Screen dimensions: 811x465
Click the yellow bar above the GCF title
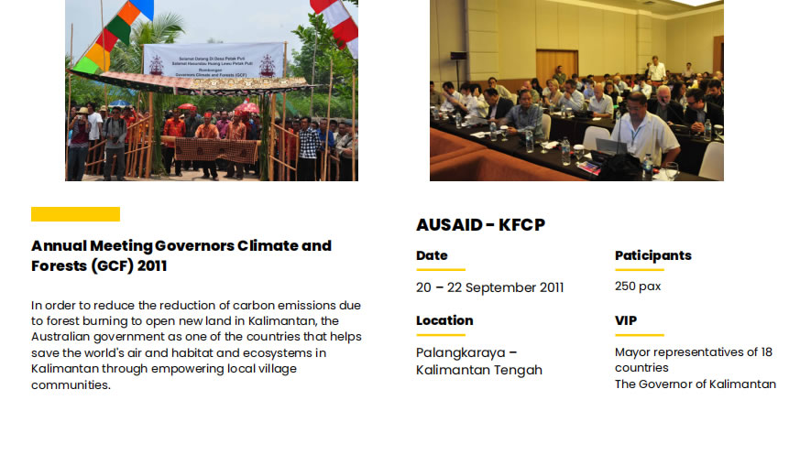(75, 214)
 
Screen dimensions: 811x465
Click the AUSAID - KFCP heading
(480, 225)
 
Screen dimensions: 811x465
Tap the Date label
(432, 255)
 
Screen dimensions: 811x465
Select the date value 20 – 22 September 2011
(489, 287)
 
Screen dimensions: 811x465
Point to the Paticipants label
(653, 255)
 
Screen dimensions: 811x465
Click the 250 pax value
(638, 287)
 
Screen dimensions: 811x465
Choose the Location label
(444, 320)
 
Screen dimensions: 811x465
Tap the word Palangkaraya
(461, 353)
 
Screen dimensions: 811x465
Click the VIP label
(626, 320)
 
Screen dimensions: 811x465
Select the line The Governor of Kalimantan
(696, 384)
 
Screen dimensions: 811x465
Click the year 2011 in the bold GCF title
(152, 265)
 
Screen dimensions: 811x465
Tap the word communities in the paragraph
(71, 385)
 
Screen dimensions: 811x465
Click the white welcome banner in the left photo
(214, 60)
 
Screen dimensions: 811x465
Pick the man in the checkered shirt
(309, 147)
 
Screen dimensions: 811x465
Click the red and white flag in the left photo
(335, 23)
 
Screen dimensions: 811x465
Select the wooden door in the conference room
(557, 66)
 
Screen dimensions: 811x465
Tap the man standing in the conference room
(657, 69)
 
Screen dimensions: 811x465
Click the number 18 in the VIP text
(766, 351)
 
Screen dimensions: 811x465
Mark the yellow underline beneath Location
(441, 335)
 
